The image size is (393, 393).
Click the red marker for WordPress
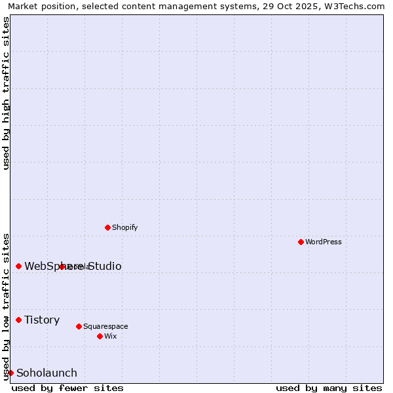[301, 242]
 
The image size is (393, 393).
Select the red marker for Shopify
[107, 227]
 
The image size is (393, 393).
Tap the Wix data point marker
[100, 336]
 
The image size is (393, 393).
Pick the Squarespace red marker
[79, 326]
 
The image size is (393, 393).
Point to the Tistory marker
[18, 320]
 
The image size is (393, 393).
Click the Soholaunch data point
[10, 373]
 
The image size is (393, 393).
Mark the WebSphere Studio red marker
[18, 266]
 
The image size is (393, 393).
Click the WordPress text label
[324, 242]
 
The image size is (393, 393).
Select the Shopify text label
[124, 227]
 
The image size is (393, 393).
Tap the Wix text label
[110, 336]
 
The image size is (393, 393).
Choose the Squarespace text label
[105, 326]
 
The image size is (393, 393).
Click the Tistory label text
[42, 320]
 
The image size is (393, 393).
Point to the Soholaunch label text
[47, 373]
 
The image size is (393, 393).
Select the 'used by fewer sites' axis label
[67, 388]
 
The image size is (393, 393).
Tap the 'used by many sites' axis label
[329, 388]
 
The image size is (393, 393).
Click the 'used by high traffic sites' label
[6, 93]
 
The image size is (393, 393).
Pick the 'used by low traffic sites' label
[6, 306]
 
